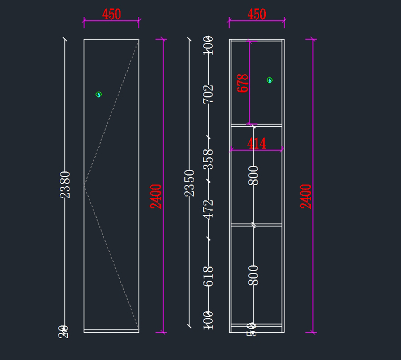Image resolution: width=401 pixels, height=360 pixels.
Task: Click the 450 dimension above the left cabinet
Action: click(111, 14)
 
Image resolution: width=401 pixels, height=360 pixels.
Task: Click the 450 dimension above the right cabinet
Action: click(257, 14)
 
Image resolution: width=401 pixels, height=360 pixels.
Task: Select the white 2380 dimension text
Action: click(65, 185)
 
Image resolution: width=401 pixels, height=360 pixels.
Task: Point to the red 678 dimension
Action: click(243, 83)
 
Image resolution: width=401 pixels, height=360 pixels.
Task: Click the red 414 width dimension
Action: click(256, 144)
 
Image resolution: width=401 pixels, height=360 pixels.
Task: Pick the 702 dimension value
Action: click(208, 94)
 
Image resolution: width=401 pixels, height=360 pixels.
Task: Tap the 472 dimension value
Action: click(208, 209)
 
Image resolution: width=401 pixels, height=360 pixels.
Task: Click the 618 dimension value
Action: click(208, 276)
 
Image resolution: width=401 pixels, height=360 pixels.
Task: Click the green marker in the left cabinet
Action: click(99, 94)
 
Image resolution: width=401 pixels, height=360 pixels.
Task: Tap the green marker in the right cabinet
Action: click(270, 80)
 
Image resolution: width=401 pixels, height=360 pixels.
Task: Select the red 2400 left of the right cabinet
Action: click(156, 196)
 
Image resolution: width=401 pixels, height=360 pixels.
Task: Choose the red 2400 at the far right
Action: click(305, 196)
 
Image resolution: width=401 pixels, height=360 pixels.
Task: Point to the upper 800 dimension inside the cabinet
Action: click(254, 175)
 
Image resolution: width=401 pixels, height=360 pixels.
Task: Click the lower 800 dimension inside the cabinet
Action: click(254, 275)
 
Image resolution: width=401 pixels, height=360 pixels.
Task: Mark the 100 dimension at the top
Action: click(208, 45)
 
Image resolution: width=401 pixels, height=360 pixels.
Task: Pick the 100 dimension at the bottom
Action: click(208, 320)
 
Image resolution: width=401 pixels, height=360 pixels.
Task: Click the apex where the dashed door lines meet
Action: click(84, 185)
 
